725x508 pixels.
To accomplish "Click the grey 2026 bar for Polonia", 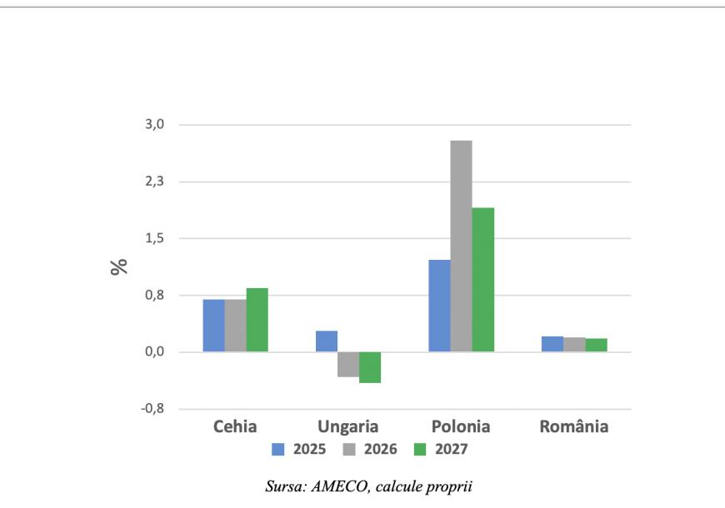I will click(461, 246).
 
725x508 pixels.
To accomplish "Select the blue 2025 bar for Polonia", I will click(439, 306).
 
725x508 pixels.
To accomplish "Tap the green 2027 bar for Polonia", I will click(482, 279).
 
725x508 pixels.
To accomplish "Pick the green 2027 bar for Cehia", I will click(257, 320).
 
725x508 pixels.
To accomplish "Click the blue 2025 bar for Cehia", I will click(213, 326).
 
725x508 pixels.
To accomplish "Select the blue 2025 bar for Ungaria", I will click(327, 341).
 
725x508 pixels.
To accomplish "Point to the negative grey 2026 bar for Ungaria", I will click(348, 364).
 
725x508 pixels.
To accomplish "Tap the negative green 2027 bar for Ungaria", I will click(370, 367).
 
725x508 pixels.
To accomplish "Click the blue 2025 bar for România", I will click(552, 344).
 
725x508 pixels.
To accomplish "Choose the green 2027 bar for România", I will click(596, 345).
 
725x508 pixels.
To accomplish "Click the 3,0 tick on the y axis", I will click(155, 125).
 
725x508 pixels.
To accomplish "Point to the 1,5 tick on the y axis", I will click(155, 238).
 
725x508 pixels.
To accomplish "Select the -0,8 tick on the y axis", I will click(153, 409).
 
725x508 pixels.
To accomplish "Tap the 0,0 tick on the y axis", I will click(155, 352).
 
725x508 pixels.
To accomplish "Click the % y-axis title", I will click(120, 266).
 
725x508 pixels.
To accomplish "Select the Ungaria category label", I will click(348, 427).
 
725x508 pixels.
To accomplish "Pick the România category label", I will click(574, 427).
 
